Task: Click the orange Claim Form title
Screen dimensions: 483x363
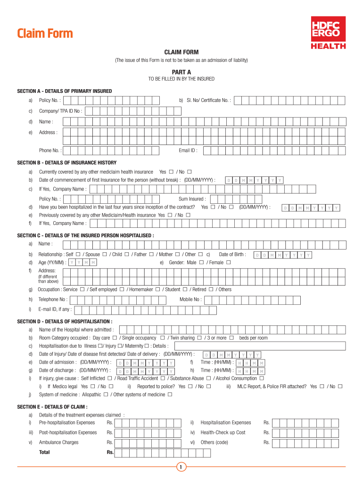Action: click(45, 33)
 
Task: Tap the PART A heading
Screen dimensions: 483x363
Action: click(181, 72)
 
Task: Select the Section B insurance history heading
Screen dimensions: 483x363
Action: click(66, 163)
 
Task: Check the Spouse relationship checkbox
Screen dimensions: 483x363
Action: click(104, 254)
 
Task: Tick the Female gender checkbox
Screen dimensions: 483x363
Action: click(228, 262)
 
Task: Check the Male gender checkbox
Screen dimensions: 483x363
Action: click(201, 262)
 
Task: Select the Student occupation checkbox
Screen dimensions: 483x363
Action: click(185, 289)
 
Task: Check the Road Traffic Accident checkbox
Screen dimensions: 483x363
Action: click(163, 378)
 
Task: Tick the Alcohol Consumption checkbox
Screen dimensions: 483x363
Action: click(262, 378)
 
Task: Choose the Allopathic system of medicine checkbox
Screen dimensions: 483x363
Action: click(106, 394)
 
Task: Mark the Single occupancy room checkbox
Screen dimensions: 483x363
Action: click(162, 338)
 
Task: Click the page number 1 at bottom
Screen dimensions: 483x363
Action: click(181, 467)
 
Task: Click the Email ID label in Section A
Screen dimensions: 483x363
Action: click(188, 150)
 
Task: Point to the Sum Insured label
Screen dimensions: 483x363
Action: click(192, 199)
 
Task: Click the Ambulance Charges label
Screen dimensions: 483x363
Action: click(58, 442)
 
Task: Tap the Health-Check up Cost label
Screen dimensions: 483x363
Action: click(223, 433)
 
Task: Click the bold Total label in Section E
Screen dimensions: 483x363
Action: click(44, 452)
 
